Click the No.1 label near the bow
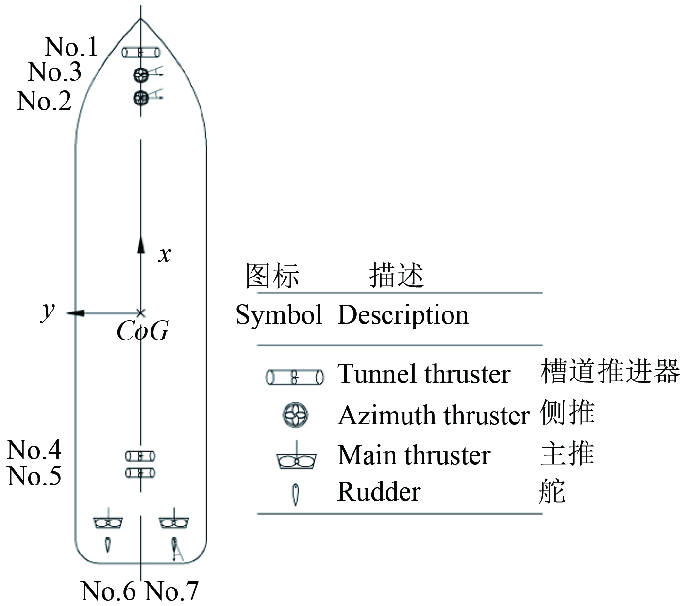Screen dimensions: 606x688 71,47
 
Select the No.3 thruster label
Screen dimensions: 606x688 54,72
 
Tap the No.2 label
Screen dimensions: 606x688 44,101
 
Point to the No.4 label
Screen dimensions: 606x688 34,450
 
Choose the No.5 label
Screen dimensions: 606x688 34,475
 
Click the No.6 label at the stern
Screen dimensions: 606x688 108,591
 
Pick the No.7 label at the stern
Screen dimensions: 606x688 172,591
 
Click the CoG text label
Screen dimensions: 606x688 142,332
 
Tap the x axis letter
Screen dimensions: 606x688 165,254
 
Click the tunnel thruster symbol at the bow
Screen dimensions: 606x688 141,52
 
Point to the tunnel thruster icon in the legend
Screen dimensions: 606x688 295,377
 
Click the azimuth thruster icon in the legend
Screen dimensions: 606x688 295,416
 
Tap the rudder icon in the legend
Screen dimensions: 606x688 295,494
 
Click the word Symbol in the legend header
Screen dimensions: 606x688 279,315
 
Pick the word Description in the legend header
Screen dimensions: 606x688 403,315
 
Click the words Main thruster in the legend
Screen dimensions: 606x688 414,455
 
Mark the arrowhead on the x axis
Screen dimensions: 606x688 141,244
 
